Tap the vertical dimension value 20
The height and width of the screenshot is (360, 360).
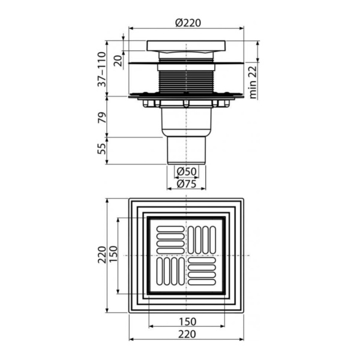click(x=118, y=59)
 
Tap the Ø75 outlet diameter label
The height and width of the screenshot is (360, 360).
click(x=187, y=184)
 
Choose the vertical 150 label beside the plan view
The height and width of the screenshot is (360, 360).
click(x=112, y=256)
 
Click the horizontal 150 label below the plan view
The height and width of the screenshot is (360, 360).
click(x=187, y=321)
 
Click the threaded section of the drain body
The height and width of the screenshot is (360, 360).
click(x=186, y=78)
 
